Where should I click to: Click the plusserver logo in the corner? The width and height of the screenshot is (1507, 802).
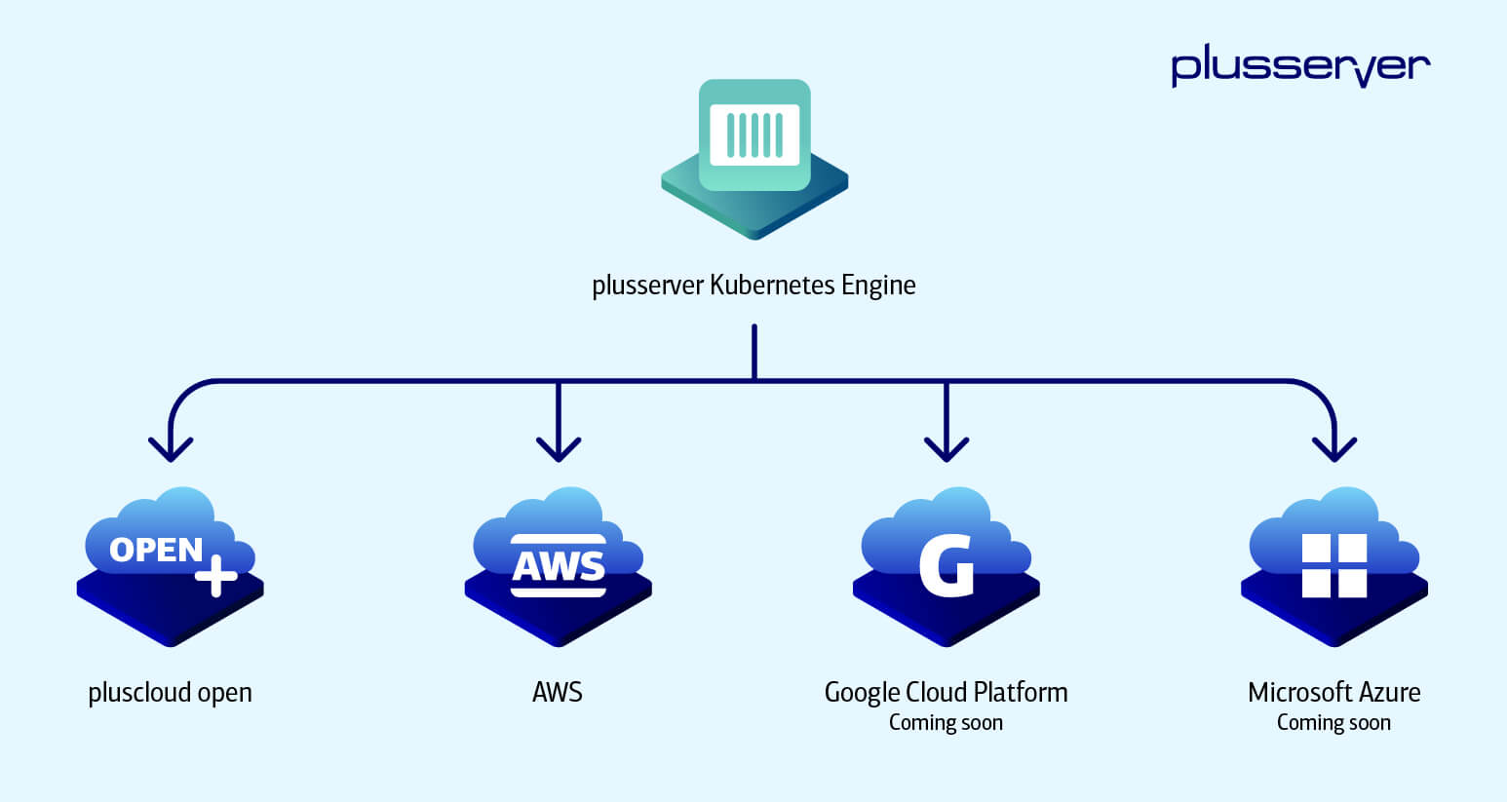coord(1300,65)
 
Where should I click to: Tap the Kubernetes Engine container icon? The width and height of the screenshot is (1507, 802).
coord(754,135)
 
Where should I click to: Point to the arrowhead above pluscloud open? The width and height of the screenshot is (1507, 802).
coord(171,449)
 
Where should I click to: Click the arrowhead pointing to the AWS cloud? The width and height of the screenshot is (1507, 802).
coord(559,449)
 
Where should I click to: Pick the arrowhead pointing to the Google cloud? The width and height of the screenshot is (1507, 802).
coord(946,449)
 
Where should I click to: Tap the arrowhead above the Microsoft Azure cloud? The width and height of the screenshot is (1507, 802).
coord(1334,449)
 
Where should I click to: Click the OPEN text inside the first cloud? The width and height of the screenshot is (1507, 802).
coord(156,551)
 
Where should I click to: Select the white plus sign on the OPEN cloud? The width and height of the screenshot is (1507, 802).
coord(215,575)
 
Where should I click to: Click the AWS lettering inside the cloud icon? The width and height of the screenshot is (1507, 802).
coord(559,566)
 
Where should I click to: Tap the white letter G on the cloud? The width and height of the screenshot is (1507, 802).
coord(947,565)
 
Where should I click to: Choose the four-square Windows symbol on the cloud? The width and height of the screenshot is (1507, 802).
coord(1334,565)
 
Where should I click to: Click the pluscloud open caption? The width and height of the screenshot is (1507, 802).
coord(170,693)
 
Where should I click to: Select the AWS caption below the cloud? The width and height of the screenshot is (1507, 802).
coord(558,693)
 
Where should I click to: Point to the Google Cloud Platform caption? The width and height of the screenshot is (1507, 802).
coord(946,693)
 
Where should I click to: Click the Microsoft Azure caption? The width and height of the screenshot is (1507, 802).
coord(1333,693)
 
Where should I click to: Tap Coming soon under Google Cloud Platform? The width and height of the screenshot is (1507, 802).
coord(946,723)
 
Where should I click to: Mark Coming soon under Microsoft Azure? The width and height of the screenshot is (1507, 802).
coord(1333,723)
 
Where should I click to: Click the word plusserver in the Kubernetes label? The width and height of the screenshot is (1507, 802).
coord(647,286)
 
